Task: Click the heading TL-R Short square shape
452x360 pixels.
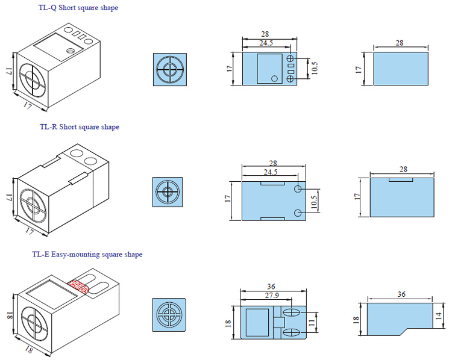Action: [80, 127]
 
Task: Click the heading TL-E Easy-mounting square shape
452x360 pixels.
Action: [87, 255]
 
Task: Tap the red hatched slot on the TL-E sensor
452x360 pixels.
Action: [78, 287]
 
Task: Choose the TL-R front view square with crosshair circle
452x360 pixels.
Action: [168, 193]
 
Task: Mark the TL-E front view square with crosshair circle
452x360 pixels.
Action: [168, 315]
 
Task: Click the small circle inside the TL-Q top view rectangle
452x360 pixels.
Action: [275, 78]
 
